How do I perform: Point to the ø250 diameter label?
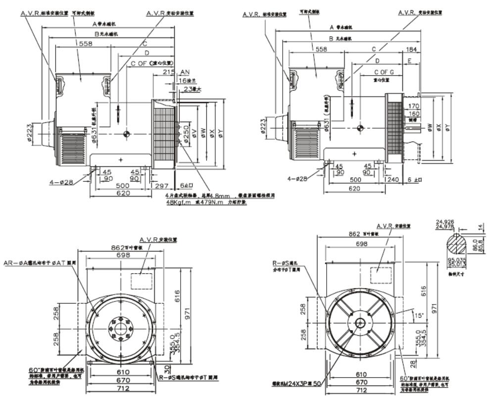pyautogui.click(x=185, y=133)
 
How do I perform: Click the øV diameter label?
pyautogui.click(x=195, y=133)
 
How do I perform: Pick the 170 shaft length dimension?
pyautogui.click(x=414, y=105)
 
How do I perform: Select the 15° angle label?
pyautogui.click(x=420, y=314)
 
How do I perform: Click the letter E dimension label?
pyautogui.click(x=410, y=60)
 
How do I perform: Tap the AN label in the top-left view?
pyautogui.click(x=186, y=72)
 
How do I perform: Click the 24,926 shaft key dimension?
pyautogui.click(x=445, y=221)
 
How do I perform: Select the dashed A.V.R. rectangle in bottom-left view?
pyautogui.click(x=141, y=281)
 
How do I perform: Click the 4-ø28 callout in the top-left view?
pyautogui.click(x=61, y=182)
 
